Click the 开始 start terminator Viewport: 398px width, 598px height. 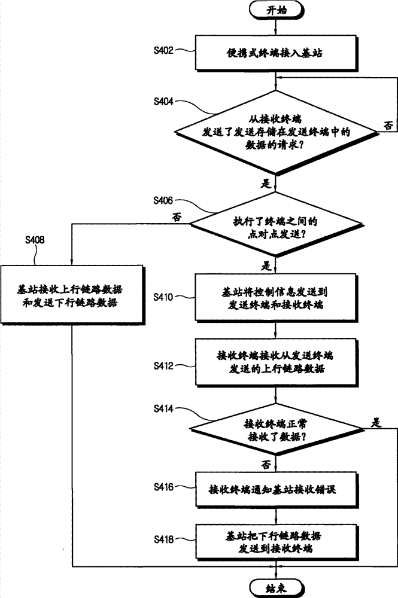pos(275,11)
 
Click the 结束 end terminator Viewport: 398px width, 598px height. pos(275,587)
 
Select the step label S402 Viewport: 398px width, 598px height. pos(163,50)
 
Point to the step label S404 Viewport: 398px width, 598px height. pos(163,102)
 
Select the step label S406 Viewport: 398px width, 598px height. pos(163,199)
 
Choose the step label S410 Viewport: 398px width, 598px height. pos(163,296)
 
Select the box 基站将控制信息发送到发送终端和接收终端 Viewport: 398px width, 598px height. pos(275,298)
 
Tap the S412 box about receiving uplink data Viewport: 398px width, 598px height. pos(275,362)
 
